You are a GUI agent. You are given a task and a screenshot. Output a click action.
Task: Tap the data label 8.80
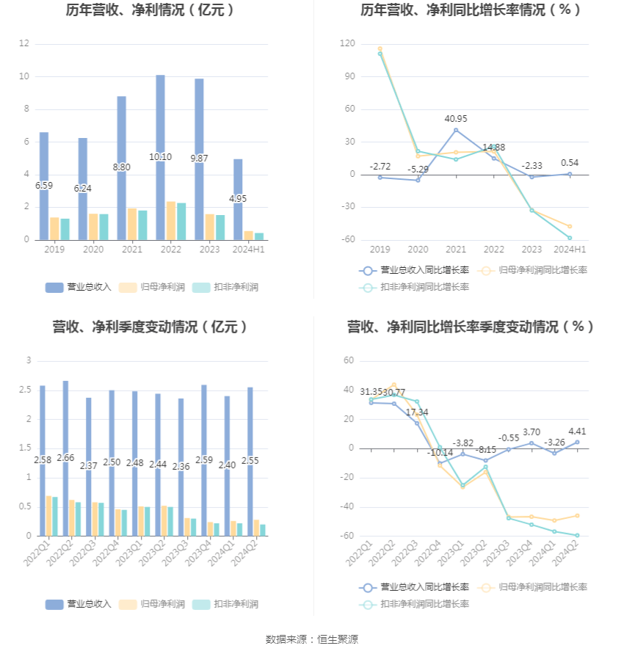(122, 167)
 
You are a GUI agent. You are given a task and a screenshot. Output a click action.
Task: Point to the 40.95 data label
(456, 119)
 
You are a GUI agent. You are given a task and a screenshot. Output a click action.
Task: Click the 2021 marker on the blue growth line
(456, 130)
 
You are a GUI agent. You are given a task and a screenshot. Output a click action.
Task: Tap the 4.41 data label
(577, 432)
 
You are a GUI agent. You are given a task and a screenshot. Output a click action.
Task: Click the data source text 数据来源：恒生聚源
(312, 640)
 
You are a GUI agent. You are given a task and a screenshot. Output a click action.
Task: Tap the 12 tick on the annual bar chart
(24, 44)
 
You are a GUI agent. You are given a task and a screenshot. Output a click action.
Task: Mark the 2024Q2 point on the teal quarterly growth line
(577, 535)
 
